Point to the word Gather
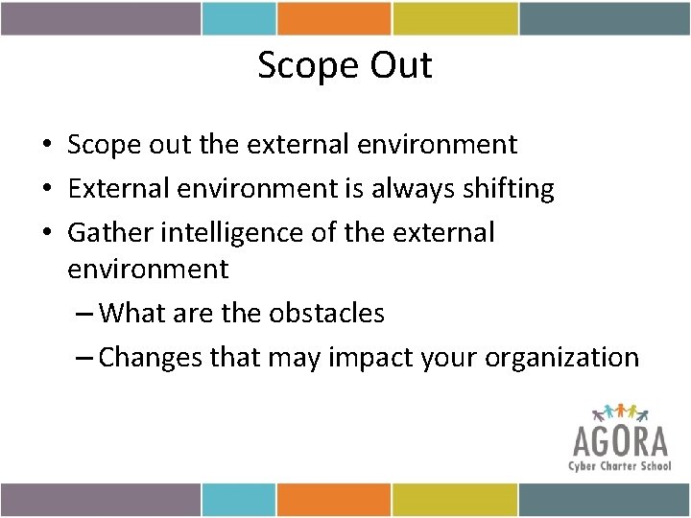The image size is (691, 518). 112,233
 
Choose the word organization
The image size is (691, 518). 561,357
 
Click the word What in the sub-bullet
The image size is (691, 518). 131,313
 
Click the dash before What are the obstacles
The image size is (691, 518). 83,314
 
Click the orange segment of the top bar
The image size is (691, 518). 333,17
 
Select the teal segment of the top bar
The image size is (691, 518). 239,17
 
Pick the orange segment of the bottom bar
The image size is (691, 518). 333,499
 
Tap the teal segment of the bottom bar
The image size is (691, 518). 239,499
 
